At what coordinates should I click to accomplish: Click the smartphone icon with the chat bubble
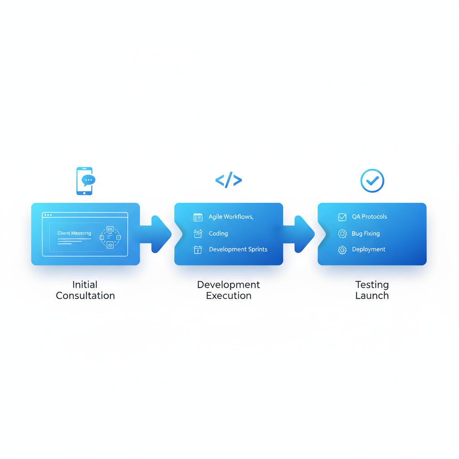pos(85,181)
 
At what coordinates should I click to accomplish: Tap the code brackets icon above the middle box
pos(229,180)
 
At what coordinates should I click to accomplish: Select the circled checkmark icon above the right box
pos(372,181)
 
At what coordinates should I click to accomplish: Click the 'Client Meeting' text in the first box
pos(74,233)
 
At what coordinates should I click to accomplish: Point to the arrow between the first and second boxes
pos(157,234)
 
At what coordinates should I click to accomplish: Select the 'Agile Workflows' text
pos(231,217)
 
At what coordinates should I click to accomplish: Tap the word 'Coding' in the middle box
pos(218,234)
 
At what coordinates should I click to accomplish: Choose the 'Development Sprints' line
pos(238,249)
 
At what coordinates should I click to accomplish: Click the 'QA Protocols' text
pos(369,217)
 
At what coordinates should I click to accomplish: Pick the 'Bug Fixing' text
pos(366,234)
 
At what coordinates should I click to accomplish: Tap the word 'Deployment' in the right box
pos(368,249)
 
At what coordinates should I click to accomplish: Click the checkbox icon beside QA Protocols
pos(342,217)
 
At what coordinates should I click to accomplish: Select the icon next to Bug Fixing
pos(342,234)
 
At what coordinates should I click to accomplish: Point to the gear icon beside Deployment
pos(342,250)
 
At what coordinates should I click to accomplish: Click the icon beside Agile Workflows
pos(198,217)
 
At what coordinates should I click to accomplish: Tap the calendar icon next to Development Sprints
pos(198,250)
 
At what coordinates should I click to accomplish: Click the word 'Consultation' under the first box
pos(85,296)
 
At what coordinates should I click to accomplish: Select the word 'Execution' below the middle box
pos(229,296)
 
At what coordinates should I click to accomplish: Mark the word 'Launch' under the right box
pos(372,296)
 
